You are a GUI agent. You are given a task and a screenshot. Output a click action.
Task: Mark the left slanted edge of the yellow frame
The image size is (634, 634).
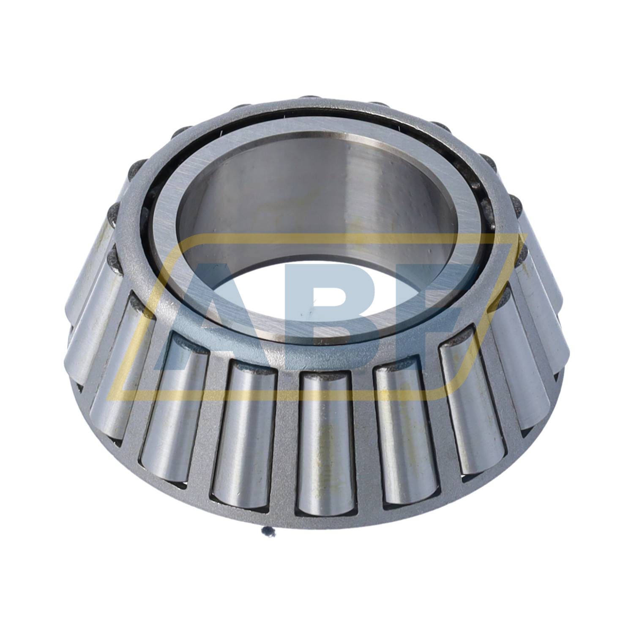pos(139,321)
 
